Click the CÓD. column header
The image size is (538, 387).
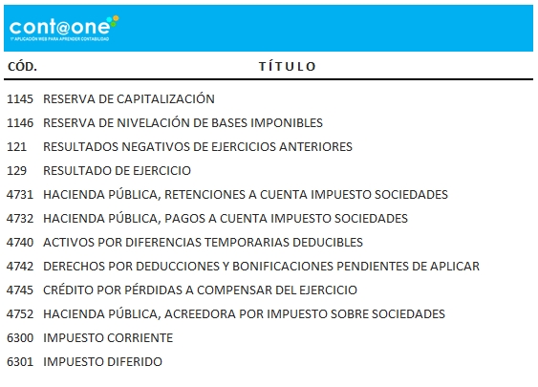tap(22, 67)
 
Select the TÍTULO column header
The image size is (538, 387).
tap(287, 67)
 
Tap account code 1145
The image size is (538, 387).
tap(20, 98)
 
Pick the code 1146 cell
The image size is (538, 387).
tap(20, 122)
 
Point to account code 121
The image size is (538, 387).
tap(17, 146)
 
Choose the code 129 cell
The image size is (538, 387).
tap(17, 170)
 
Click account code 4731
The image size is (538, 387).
tap(20, 194)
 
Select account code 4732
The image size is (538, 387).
tap(20, 218)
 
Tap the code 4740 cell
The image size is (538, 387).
tap(20, 242)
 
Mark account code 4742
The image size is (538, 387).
tap(20, 266)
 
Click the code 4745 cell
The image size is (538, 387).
tap(20, 290)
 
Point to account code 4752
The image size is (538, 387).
tap(20, 313)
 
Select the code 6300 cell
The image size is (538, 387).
tap(20, 337)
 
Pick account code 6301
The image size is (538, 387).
tap(20, 361)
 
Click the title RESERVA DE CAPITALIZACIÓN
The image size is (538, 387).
tap(129, 98)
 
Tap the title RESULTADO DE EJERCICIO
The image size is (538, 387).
tap(118, 170)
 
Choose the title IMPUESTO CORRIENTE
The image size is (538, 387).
tap(108, 337)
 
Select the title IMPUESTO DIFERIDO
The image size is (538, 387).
tap(102, 361)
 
